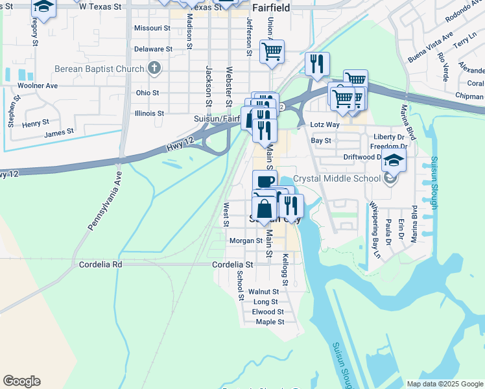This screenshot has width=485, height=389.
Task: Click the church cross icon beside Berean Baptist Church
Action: tap(154, 67)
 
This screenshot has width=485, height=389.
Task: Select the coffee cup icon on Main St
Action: tap(265, 182)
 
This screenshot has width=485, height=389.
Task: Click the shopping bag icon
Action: tap(265, 209)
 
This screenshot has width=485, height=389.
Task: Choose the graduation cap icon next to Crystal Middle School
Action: tap(394, 160)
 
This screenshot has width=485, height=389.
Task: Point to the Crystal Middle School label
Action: tap(337, 178)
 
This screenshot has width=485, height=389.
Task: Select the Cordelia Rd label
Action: tap(101, 265)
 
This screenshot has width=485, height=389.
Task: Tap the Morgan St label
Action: tap(245, 241)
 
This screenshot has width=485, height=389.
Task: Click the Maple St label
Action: tap(270, 322)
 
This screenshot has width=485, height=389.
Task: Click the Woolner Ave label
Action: tap(38, 86)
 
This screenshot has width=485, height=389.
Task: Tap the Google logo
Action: tap(21, 381)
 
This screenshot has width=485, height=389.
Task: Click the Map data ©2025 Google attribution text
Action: tap(444, 383)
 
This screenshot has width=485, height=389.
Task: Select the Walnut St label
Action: tap(263, 292)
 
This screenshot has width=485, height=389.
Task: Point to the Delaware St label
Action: tap(153, 49)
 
